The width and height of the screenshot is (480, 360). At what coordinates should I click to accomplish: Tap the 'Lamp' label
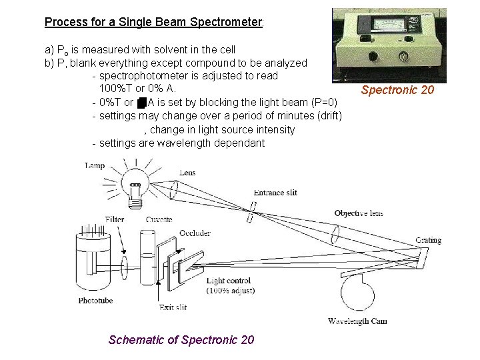[95, 166]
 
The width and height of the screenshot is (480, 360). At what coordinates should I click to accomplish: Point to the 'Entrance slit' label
[275, 193]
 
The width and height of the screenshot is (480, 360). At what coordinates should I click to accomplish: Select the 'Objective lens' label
[359, 213]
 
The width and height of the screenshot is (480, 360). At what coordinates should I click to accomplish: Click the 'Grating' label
[428, 240]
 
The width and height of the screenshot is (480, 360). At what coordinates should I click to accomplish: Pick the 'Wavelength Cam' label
[357, 321]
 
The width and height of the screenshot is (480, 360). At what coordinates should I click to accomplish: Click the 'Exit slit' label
[173, 307]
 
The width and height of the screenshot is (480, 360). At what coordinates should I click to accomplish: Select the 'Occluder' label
[195, 233]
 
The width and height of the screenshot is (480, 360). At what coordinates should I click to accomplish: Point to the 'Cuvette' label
[159, 219]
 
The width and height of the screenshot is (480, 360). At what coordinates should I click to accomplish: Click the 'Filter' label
[115, 219]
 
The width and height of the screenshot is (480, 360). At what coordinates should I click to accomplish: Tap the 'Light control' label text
[229, 281]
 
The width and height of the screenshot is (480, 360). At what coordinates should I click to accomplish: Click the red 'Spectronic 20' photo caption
[397, 90]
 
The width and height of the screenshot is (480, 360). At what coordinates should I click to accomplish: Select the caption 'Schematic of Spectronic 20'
[181, 340]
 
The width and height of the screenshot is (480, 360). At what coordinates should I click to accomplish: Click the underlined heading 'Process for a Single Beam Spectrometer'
[153, 22]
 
